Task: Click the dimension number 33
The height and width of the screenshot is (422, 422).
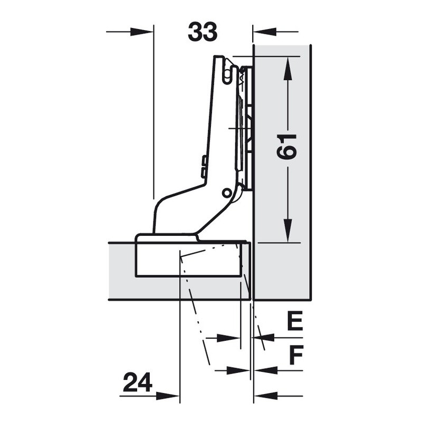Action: click(203, 32)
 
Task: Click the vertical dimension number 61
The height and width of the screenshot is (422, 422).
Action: click(287, 147)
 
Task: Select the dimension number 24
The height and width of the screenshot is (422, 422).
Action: click(138, 382)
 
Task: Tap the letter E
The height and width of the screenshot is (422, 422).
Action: click(295, 321)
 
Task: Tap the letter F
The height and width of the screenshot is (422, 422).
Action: click(296, 354)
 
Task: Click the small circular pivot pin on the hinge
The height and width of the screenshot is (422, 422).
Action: click(226, 193)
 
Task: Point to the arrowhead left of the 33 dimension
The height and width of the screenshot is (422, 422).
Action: click(142, 32)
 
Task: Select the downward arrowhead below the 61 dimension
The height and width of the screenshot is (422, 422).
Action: click(287, 231)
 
